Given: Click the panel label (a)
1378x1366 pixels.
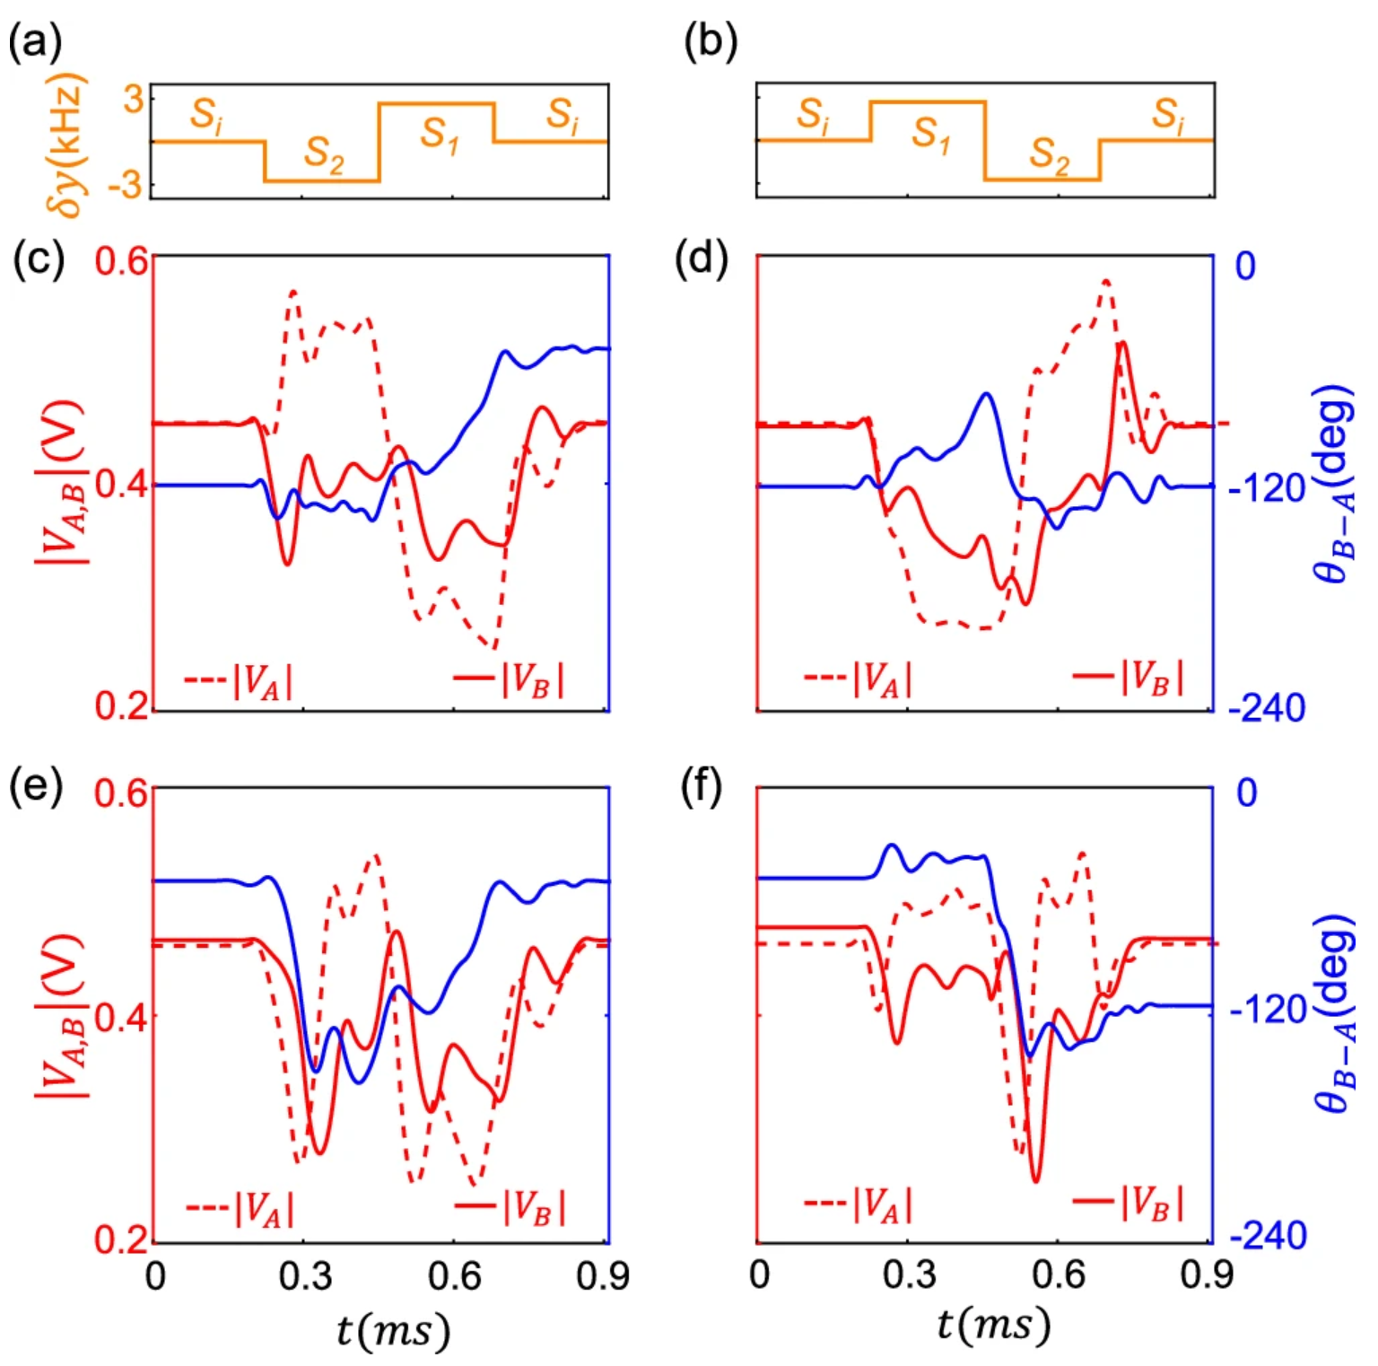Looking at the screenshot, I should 35,42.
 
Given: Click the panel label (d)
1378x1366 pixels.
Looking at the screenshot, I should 701,259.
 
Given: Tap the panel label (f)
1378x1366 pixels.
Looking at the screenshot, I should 701,787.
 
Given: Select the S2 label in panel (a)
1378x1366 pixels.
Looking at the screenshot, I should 324,154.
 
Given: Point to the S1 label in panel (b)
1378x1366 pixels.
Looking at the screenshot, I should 931,135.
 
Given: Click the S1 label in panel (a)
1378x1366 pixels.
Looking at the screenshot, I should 440,135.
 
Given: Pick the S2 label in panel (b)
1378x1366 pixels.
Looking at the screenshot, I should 1050,154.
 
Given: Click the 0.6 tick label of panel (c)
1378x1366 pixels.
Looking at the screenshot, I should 122,263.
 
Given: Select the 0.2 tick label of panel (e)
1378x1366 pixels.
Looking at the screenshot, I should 122,1239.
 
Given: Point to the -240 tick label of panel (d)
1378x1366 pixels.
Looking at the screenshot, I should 1267,709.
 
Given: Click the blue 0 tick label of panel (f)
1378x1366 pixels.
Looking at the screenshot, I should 1247,792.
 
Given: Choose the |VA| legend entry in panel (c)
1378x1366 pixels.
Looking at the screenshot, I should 239,680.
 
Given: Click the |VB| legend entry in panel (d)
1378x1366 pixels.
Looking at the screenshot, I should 1129,678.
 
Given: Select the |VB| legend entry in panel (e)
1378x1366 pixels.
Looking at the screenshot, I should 510,1206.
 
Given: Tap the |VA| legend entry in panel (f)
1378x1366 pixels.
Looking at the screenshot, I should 859,1204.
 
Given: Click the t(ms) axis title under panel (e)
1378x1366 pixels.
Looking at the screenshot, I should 392,1330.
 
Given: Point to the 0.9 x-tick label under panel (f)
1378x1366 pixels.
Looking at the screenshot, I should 1207,1275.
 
